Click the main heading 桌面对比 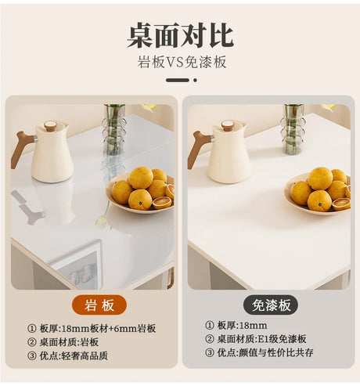point(180,35)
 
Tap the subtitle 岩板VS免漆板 point(182,62)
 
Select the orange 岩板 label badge point(99,305)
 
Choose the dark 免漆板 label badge point(271,305)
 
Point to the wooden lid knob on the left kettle point(49,125)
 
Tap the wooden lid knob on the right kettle point(228,125)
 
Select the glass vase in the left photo point(114,129)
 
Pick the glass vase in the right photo point(292,128)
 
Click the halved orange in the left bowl point(162,203)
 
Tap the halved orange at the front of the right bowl point(341,204)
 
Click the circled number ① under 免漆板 point(209,326)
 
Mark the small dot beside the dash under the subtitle point(195,80)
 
